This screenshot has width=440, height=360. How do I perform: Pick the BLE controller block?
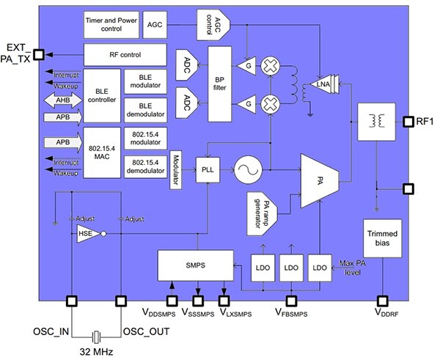[101, 94]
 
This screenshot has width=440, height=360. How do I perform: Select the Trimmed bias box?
[381, 238]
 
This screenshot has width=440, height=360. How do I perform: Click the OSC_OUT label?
[146, 331]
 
